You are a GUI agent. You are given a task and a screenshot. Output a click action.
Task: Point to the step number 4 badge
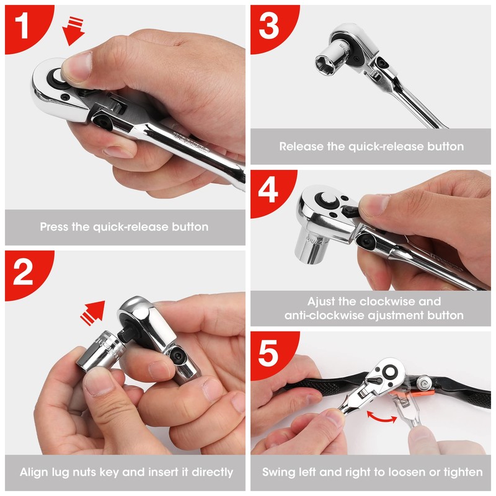[268, 192]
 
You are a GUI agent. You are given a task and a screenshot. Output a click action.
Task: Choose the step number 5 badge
[268, 353]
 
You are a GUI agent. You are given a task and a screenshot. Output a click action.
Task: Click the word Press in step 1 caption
[54, 227]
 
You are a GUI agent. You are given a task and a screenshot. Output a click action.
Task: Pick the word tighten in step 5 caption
[462, 472]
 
